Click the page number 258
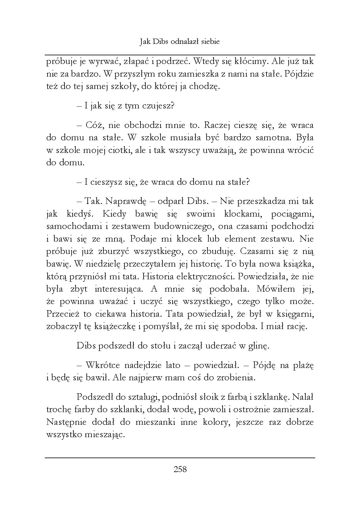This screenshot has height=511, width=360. tap(180, 469)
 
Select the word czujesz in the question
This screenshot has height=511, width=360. tap(158, 106)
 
